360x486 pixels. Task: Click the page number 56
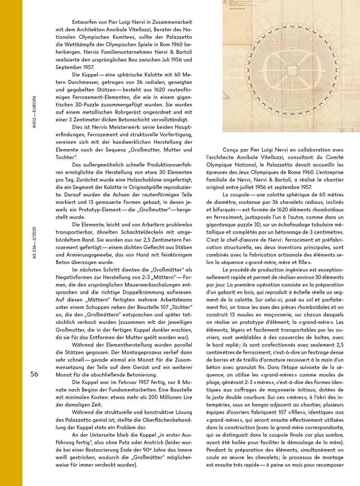[34, 374]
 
